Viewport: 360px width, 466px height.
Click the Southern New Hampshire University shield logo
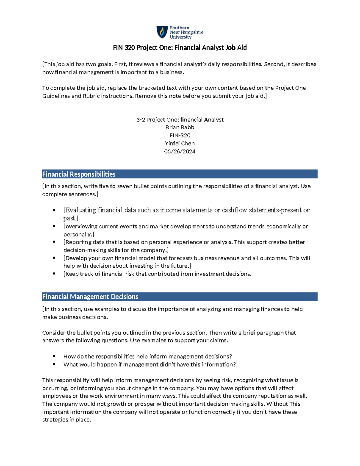tap(162, 32)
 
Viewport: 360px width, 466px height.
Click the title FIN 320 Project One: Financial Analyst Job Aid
tap(180, 47)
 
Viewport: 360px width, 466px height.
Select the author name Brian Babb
tap(180, 127)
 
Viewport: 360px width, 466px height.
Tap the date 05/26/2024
tap(180, 152)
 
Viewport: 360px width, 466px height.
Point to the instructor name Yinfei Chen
tap(180, 143)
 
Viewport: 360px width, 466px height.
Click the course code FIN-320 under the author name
tap(180, 135)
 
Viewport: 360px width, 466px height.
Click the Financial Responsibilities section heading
tap(79, 174)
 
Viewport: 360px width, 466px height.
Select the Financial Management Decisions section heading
tap(90, 297)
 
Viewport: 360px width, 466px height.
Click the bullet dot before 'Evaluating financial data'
tap(54, 210)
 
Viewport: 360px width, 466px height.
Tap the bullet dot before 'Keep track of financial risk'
tap(54, 274)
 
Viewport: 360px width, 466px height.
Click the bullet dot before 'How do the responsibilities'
tap(54, 356)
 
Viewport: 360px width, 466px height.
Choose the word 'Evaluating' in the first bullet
tap(81, 210)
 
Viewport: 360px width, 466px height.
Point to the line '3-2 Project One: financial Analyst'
tap(180, 119)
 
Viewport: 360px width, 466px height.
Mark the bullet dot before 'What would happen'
tap(54, 364)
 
